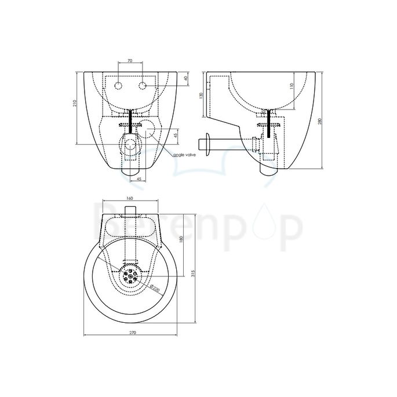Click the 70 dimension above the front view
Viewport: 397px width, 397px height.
pyautogui.click(x=129, y=60)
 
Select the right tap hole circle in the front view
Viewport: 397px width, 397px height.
pyautogui.click(x=142, y=86)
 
